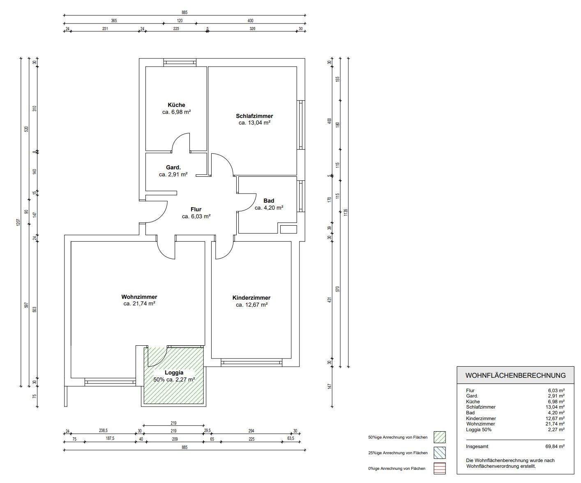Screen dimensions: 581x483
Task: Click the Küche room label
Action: click(176, 105)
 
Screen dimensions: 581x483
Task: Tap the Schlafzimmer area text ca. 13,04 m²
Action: click(255, 123)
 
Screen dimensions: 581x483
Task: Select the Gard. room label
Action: click(173, 168)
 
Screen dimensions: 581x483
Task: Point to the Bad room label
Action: click(269, 201)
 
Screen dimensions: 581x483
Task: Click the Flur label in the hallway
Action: click(196, 209)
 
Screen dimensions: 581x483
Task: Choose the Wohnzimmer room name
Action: click(139, 297)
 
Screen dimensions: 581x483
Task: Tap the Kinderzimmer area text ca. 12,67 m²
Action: click(252, 305)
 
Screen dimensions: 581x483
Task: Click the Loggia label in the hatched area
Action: click(174, 372)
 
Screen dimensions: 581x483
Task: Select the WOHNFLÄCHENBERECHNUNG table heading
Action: click(515, 376)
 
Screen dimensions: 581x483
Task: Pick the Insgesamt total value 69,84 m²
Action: click(555, 446)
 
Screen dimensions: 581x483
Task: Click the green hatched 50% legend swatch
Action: click(439, 437)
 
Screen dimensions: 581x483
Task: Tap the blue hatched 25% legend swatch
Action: click(439, 453)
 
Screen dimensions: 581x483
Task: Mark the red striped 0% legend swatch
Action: click(439, 468)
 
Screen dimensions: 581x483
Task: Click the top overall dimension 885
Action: click(184, 12)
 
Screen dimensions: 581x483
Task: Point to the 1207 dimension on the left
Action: click(18, 222)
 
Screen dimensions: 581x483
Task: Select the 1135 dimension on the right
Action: click(346, 213)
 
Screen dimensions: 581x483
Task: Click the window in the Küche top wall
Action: click(180, 62)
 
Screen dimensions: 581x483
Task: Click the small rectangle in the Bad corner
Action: click(288, 229)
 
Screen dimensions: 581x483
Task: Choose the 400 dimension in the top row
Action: click(250, 21)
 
